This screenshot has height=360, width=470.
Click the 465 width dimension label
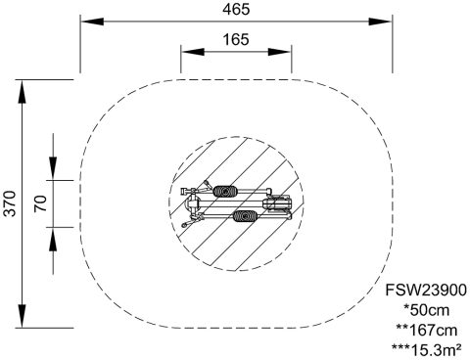pyautogui.click(x=236, y=9)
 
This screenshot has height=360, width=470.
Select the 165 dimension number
pyautogui.click(x=236, y=39)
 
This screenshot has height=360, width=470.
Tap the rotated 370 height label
pyautogui.click(x=10, y=203)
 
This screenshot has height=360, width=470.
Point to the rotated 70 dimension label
pyautogui.click(x=41, y=203)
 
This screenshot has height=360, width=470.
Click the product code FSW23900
pyautogui.click(x=426, y=290)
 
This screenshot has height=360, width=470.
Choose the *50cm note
pyautogui.click(x=426, y=310)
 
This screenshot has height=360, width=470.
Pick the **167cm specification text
pyautogui.click(x=426, y=331)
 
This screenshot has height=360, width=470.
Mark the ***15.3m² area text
pyautogui.click(x=426, y=350)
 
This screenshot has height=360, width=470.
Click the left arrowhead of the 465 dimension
pyautogui.click(x=92, y=22)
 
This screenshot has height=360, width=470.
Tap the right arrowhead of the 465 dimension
pyautogui.click(x=380, y=22)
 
